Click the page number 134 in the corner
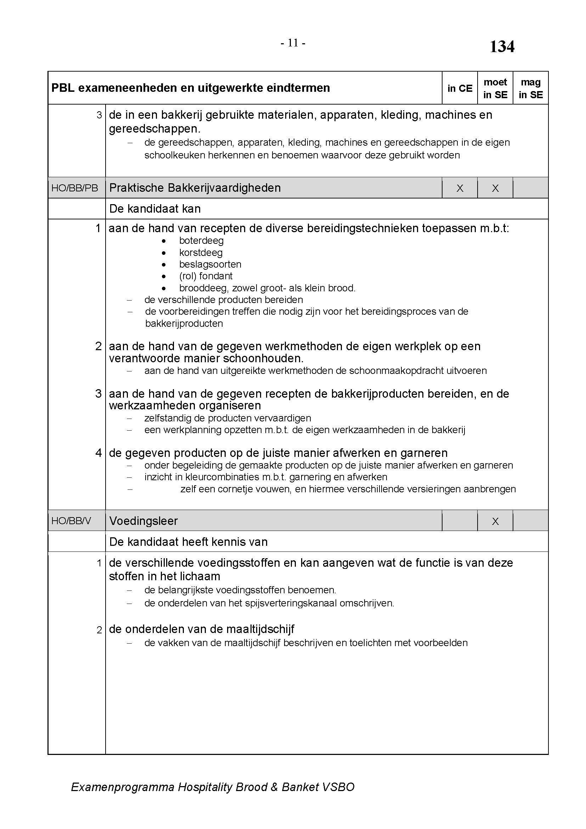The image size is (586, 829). [502, 47]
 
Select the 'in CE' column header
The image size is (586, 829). [460, 89]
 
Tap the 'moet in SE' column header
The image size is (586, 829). [495, 89]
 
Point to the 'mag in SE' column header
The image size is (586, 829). [530, 89]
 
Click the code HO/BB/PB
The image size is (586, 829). [75, 188]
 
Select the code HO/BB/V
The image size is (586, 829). [71, 521]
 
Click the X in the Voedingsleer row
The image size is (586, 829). [495, 521]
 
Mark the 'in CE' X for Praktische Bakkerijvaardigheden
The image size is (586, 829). [460, 189]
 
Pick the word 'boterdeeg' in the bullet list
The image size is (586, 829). [201, 241]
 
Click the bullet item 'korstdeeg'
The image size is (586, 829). [201, 253]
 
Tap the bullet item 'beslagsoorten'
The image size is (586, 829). [210, 264]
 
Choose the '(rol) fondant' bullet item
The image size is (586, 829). [206, 276]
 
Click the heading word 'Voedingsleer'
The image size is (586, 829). [143, 521]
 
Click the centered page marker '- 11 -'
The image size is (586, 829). [293, 43]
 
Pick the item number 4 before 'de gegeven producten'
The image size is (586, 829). [98, 453]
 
